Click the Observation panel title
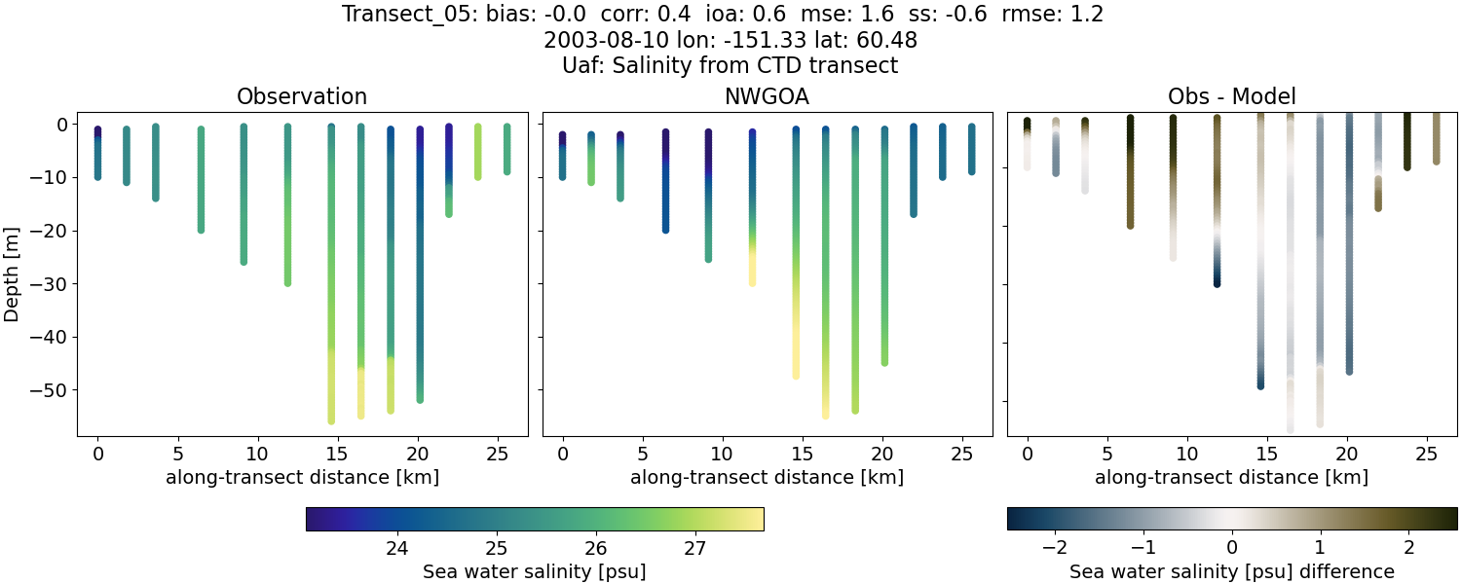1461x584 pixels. [x=302, y=97]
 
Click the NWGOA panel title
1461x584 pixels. [x=767, y=97]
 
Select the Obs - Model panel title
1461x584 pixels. [x=1231, y=97]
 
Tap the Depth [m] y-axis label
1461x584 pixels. [x=12, y=274]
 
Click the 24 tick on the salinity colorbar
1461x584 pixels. [x=396, y=548]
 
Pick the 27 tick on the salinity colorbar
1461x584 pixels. [x=694, y=548]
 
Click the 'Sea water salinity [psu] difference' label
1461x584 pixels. [x=1232, y=571]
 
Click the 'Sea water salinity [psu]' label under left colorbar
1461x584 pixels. [x=534, y=571]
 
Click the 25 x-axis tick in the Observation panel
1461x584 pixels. [x=497, y=454]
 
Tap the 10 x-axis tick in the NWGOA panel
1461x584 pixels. [x=722, y=454]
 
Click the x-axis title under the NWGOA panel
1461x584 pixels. [x=767, y=478]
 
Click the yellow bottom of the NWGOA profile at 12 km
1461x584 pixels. [x=752, y=276]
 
